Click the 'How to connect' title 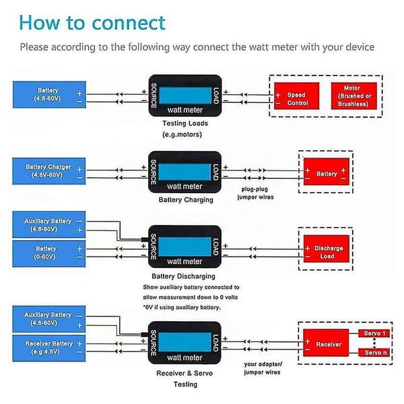click(92, 23)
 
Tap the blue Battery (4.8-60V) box click(49, 94)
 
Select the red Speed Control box click(296, 96)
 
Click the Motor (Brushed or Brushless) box click(354, 96)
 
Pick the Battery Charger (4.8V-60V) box click(49, 171)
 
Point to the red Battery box click(326, 172)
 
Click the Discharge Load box click(326, 248)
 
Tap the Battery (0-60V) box click(49, 254)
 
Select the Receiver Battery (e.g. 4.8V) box click(49, 348)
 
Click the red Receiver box click(326, 343)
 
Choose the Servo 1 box click(374, 333)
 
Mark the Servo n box click(374, 352)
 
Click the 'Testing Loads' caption click(185, 123)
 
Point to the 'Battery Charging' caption click(186, 200)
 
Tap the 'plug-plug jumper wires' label click(255, 193)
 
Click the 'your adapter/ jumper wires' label click(263, 368)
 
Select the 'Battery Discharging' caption click(183, 276)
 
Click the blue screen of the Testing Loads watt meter click(185, 96)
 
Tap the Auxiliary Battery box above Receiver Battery click(49, 319)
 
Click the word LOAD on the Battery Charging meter click(216, 172)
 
